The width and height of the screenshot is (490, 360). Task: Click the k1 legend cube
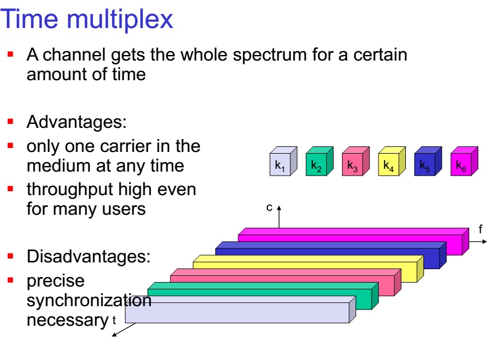point(284,161)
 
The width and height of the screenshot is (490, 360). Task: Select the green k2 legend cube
point(320,161)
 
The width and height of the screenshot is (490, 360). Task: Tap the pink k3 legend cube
point(356,161)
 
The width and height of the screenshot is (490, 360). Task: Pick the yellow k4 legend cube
point(392,161)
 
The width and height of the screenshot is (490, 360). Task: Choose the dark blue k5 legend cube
point(428,161)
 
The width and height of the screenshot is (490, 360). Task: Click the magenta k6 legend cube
point(464,161)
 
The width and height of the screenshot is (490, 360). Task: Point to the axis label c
point(269,207)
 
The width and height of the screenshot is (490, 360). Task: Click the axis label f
point(480,229)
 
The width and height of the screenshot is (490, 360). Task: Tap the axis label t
point(114,320)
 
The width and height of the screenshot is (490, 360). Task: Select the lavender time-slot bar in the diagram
point(241,310)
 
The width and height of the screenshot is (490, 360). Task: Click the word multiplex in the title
point(119,20)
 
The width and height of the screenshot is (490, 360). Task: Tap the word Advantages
point(77,122)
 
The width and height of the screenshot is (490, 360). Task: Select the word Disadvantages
point(89,257)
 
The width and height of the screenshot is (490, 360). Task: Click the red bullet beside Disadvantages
point(11,256)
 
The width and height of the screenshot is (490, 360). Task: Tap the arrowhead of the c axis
point(279,207)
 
